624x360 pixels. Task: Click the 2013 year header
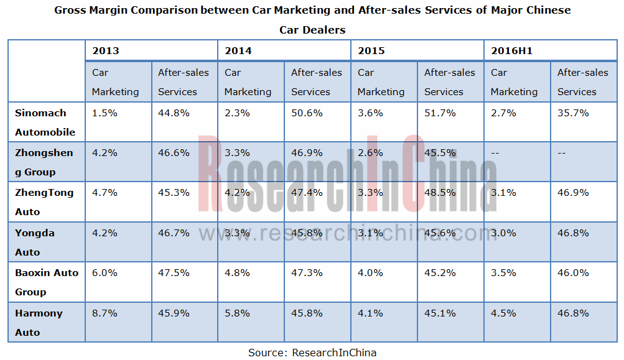click(x=105, y=50)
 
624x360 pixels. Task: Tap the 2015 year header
click(x=371, y=50)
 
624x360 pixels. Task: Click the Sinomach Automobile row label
click(x=45, y=122)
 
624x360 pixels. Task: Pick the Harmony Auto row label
click(x=39, y=322)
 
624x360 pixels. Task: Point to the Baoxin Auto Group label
click(x=47, y=282)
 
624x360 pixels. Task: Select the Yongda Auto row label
click(x=35, y=242)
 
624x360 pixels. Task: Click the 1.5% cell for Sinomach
click(x=105, y=113)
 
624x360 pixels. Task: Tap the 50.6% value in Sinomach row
click(x=307, y=113)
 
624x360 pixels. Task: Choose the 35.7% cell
click(x=573, y=113)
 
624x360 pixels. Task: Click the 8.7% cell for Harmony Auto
click(x=105, y=313)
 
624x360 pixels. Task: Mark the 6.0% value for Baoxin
click(x=105, y=273)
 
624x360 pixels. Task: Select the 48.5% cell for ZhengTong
click(x=440, y=193)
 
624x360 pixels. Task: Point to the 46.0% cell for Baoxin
click(x=573, y=273)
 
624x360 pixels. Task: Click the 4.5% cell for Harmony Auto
click(x=503, y=313)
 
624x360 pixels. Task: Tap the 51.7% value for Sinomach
click(x=440, y=113)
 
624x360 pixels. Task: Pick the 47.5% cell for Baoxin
click(x=174, y=273)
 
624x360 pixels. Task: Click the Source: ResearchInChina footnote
click(x=312, y=353)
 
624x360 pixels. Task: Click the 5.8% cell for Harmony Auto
click(x=238, y=313)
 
